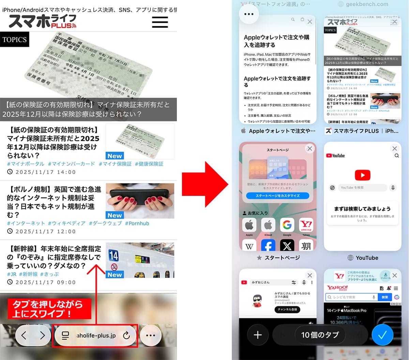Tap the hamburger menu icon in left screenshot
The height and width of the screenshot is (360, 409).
tap(160, 22)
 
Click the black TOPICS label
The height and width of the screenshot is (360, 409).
tap(14, 40)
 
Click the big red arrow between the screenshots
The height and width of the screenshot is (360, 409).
tap(204, 184)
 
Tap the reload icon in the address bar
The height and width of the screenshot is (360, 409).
tap(126, 335)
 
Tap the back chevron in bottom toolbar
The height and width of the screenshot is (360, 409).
tap(24, 335)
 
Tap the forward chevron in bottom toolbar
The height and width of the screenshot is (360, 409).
tap(42, 335)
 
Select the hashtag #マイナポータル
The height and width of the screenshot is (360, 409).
tap(26, 164)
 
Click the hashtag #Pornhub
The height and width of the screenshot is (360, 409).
tap(137, 223)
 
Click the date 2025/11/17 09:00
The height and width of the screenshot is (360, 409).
tap(42, 282)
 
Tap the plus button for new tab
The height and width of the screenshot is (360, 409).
tap(258, 335)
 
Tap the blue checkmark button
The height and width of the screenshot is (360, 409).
tap(382, 335)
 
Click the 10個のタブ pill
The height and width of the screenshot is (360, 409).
tap(320, 335)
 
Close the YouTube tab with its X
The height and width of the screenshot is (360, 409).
tap(394, 148)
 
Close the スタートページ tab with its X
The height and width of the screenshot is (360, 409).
tap(309, 148)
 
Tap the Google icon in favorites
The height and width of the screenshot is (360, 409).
tap(287, 225)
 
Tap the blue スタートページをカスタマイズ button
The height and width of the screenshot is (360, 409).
tap(277, 196)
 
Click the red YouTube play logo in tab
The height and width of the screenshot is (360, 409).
tap(362, 175)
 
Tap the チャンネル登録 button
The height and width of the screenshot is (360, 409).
tap(287, 310)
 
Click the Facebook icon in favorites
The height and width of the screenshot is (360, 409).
tap(268, 246)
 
